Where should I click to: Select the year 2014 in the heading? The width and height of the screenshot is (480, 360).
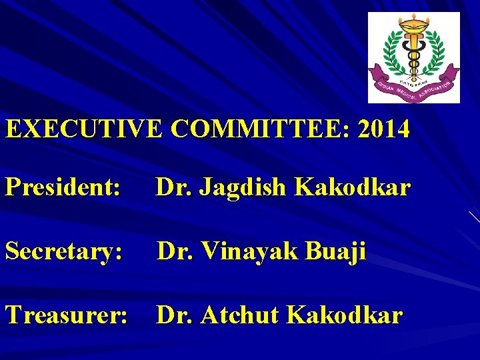(x=384, y=129)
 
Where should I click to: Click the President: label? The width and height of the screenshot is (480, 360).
(x=63, y=189)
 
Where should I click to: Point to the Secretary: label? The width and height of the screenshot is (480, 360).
(x=64, y=252)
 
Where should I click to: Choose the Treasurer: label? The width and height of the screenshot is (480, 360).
(x=67, y=315)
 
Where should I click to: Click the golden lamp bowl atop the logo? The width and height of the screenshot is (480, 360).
(x=415, y=25)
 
